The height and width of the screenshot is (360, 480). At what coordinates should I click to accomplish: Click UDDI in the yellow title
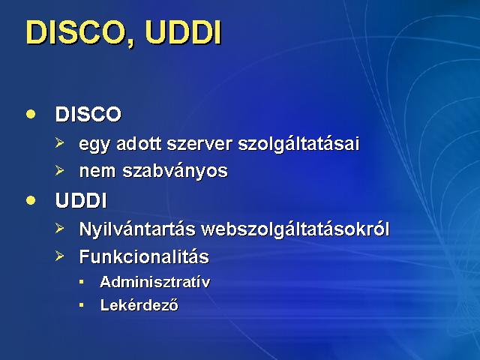183,32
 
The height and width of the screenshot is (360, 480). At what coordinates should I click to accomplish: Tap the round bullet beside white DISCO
31,114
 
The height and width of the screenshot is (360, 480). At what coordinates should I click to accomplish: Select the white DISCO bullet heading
88,114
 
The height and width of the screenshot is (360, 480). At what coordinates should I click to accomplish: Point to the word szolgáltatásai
298,143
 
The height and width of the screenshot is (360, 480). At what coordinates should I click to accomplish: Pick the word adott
139,143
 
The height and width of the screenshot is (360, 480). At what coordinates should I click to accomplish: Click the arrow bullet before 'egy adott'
60,143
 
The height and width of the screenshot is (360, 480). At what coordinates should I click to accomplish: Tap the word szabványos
175,170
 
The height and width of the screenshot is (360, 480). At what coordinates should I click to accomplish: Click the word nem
97,171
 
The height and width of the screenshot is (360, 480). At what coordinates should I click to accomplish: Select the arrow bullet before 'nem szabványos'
60,170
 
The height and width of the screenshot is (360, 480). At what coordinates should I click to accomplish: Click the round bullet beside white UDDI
31,200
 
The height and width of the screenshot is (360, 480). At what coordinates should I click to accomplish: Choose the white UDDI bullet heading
81,201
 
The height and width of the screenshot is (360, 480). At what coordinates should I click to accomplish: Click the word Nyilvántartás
137,229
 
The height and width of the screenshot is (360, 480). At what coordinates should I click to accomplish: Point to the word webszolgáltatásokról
295,229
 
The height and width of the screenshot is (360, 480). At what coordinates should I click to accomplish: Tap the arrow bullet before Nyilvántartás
60,228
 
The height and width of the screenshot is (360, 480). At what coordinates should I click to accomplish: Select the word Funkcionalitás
144,256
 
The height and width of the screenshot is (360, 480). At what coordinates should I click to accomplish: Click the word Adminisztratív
155,282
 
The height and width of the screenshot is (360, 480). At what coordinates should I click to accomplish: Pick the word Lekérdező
139,305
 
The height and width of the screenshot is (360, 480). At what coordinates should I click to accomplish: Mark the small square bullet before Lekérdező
81,305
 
